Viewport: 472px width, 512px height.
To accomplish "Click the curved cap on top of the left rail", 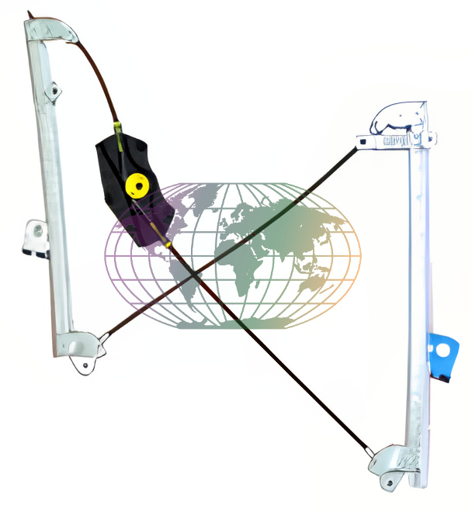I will coord(53,31).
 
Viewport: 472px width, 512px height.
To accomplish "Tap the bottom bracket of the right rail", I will coord(396,463).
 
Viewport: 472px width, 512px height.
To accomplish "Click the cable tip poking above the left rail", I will coord(29,15).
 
